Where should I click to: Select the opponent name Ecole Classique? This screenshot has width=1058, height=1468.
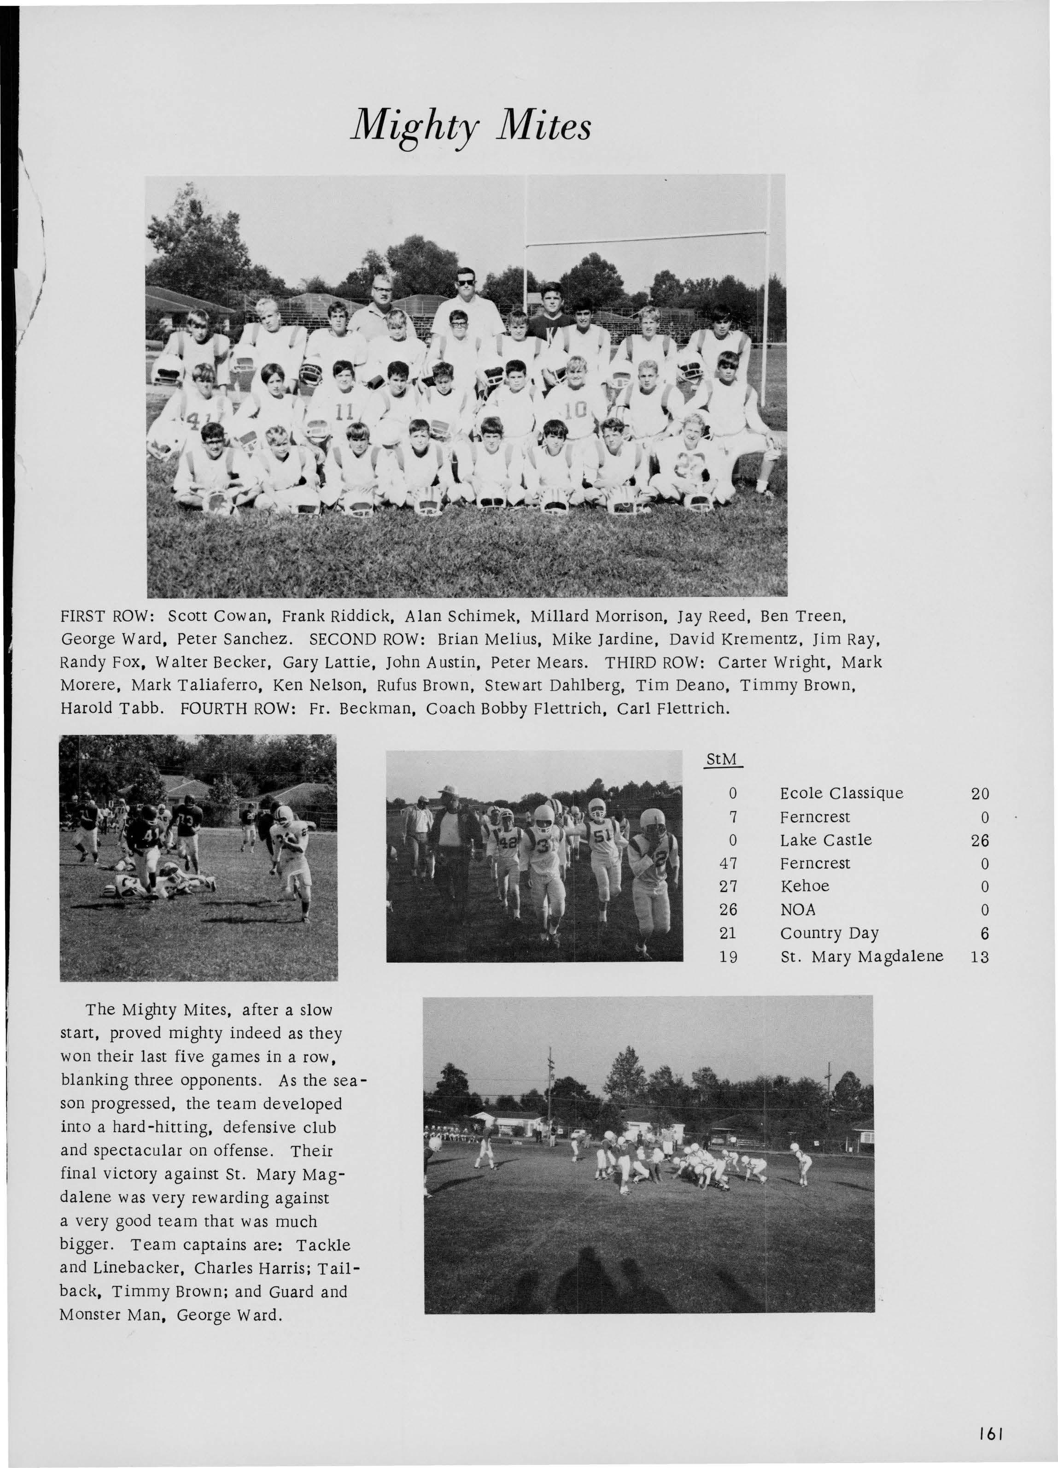(x=841, y=793)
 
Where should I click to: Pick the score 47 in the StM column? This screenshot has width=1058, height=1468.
(x=729, y=863)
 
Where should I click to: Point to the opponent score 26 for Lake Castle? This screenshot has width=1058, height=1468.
(x=980, y=840)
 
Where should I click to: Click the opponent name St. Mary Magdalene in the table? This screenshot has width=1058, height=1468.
(x=861, y=957)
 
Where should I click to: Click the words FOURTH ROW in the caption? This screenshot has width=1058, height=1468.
(x=238, y=709)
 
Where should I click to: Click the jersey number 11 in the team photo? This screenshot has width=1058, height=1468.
(x=343, y=411)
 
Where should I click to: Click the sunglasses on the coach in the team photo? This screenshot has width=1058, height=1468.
(x=465, y=283)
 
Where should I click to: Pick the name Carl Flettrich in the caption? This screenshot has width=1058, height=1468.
(x=673, y=709)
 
